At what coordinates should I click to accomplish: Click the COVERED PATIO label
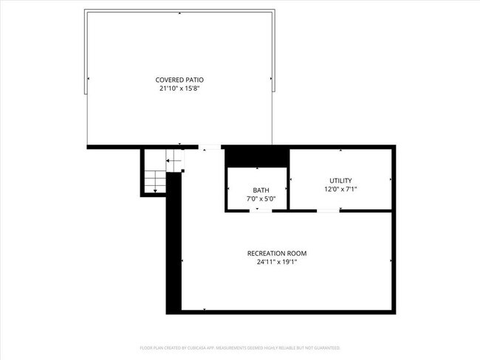pos(179,80)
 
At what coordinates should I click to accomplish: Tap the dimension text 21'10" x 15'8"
pos(179,89)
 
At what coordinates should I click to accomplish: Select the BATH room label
pos(261,190)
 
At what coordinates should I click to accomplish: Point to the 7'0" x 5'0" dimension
pos(261,198)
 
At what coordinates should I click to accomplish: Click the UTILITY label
pos(340,180)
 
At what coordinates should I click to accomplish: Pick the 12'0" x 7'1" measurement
pos(340,189)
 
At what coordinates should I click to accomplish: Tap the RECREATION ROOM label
pos(276,253)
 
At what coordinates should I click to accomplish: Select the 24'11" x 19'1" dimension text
pos(276,262)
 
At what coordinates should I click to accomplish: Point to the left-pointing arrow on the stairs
pos(172,160)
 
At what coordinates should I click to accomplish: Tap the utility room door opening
pos(328,210)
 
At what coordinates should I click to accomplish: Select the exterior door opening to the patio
pos(210,148)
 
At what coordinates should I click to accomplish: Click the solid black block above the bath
pos(256,156)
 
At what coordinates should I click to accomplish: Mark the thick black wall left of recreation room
pos(174,243)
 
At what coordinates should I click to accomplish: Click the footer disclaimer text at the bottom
pos(240,347)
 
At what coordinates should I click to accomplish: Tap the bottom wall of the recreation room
pos(288,311)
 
